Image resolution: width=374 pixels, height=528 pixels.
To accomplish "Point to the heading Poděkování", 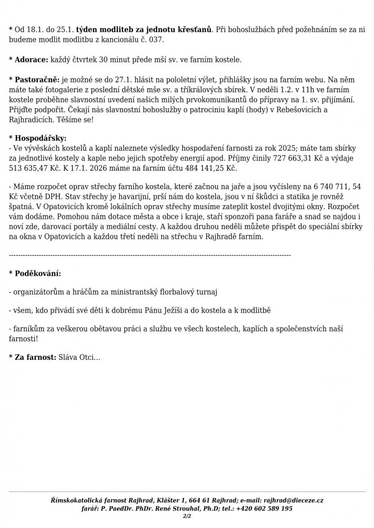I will [x=37, y=273].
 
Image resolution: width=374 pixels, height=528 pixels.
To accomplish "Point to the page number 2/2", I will [x=186, y=515].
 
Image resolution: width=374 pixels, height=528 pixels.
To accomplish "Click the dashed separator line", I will [x=150, y=255].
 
